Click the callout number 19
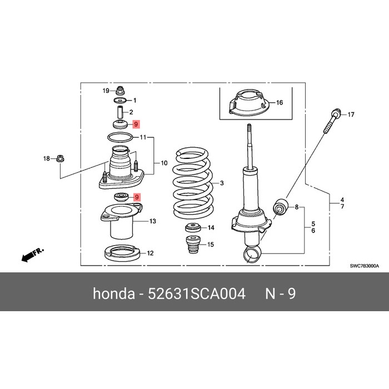(x=106, y=90)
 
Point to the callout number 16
(x=280, y=103)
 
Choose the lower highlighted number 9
(x=137, y=197)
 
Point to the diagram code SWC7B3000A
(x=365, y=266)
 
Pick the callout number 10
(x=163, y=163)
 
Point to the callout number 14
(x=210, y=228)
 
